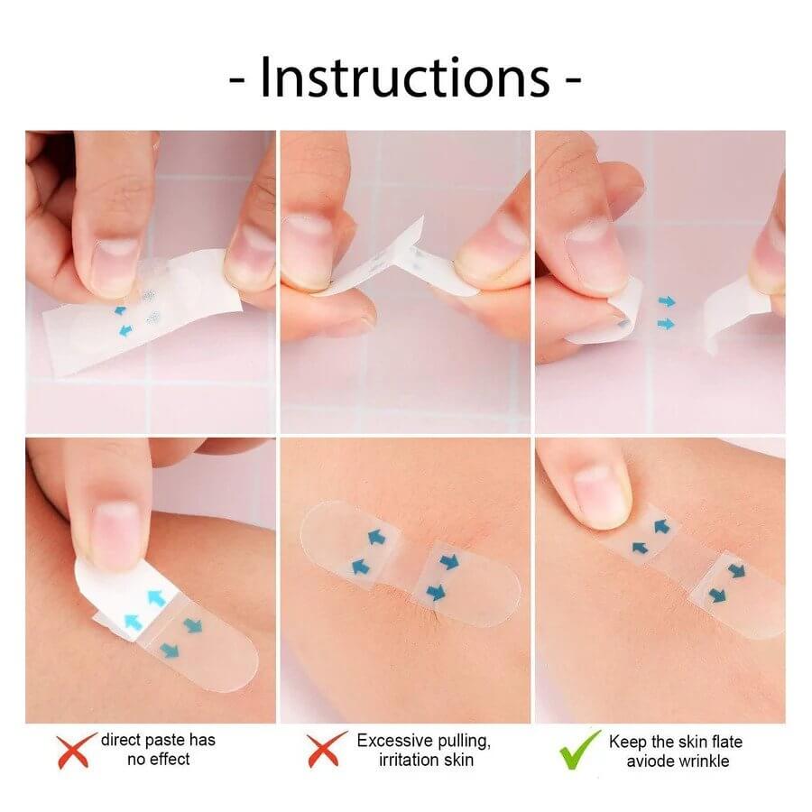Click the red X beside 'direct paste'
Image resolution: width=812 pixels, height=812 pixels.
click(x=75, y=750)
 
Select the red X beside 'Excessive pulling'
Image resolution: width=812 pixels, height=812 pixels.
click(x=326, y=749)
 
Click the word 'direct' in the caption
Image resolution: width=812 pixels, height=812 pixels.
click(x=123, y=740)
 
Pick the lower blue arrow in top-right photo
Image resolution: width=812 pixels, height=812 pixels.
click(x=666, y=323)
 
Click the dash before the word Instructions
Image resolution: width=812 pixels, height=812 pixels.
click(x=238, y=79)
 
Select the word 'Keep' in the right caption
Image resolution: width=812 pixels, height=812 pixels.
click(x=628, y=742)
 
